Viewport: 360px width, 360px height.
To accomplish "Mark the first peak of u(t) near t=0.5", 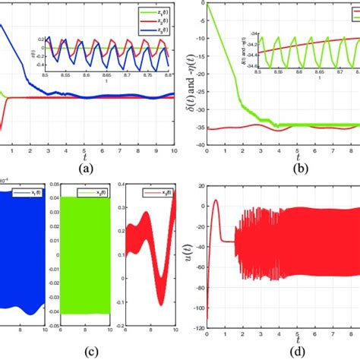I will point(216,201).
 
